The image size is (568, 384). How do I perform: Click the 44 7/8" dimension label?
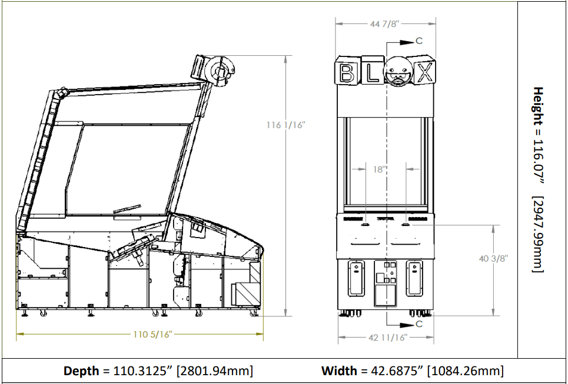coord(384,24)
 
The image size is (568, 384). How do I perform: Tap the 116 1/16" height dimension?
coord(286,125)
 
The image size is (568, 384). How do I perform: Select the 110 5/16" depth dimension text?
coord(152,334)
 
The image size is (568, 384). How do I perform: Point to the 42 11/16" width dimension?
coord(388,338)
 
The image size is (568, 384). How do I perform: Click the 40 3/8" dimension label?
coord(493,258)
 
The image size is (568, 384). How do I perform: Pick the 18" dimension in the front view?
coord(379,169)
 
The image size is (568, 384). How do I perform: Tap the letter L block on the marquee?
coord(373,71)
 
